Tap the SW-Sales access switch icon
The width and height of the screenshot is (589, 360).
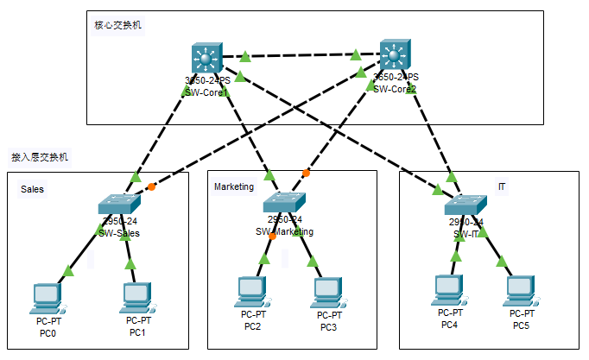coord(119,204)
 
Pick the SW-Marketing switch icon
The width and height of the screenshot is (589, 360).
coord(284,203)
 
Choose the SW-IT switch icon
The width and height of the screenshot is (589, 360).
coord(466,205)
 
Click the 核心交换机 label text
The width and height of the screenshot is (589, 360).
coord(118,25)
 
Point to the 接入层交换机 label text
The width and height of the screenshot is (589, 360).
coord(39,157)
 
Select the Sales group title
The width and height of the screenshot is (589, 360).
coord(32,188)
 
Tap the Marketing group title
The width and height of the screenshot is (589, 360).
coord(234,186)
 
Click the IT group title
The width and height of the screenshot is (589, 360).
coord(502,186)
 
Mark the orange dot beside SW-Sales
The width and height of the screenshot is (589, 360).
coord(151,186)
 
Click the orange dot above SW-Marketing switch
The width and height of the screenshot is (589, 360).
coord(306,174)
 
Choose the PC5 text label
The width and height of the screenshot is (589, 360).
coord(520,325)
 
